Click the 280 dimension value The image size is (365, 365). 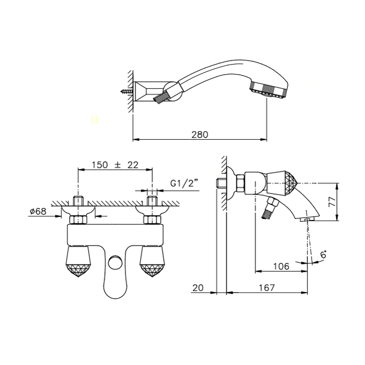200,135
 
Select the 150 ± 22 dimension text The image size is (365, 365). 115,165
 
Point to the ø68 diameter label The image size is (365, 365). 38,211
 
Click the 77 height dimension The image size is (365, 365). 333,202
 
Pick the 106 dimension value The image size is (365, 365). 281,266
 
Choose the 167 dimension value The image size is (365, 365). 267,288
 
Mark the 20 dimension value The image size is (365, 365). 198,288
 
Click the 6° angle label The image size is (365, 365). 323,254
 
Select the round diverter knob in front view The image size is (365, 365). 115,262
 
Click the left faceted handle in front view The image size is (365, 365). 78,262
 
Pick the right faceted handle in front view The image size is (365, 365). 152,262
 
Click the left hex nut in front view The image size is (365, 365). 78,220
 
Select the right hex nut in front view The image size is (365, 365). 152,220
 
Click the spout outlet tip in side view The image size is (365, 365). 307,220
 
